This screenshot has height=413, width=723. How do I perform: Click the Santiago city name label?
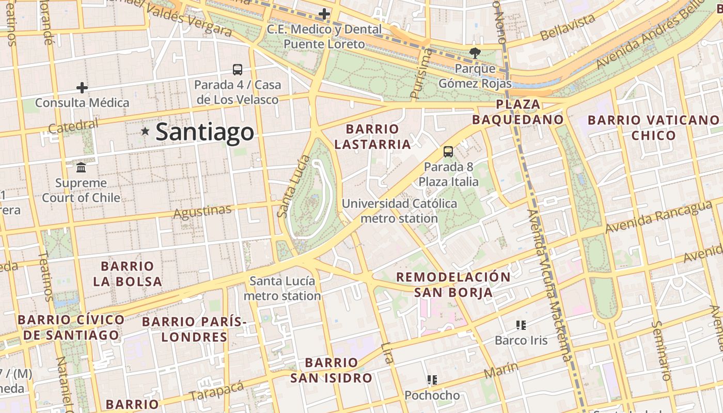point(205,132)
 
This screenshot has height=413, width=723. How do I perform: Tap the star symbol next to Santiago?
point(146,132)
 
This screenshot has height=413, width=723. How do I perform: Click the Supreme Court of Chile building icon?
point(81,167)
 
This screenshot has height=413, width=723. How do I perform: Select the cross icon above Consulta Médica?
point(82,88)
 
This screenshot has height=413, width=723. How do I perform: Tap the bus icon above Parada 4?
point(238,69)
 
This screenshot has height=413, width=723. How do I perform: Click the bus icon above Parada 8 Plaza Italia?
point(448,152)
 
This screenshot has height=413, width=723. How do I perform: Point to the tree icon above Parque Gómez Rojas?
point(474,52)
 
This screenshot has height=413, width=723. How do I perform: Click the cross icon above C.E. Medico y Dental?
point(324,14)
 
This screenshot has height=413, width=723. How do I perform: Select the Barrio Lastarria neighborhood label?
point(372,136)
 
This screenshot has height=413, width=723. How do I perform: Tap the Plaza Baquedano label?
point(518,112)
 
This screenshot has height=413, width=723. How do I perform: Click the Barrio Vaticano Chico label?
point(653,128)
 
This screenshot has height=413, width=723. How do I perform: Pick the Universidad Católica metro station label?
point(399,211)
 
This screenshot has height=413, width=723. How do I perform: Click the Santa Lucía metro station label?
point(282,289)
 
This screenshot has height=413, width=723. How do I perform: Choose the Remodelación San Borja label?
point(453,284)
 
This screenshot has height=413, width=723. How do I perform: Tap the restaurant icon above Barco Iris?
point(521,325)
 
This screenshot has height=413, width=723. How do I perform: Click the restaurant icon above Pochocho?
point(432,380)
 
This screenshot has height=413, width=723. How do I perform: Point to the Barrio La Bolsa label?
point(128,274)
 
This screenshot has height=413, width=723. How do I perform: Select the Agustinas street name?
point(202,211)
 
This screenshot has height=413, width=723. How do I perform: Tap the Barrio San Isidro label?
point(331,370)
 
